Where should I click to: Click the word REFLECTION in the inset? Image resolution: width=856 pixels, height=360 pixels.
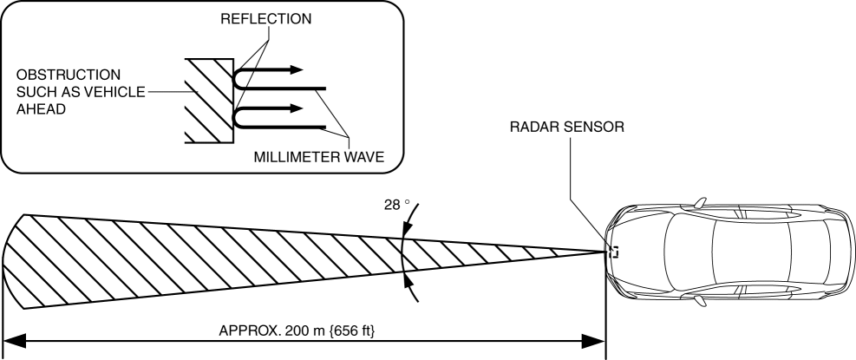click(270, 18)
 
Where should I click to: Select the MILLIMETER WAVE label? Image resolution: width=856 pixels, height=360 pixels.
click(319, 157)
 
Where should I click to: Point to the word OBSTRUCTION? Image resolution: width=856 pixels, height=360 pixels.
click(60, 75)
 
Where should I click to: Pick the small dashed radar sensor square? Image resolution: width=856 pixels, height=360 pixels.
click(613, 252)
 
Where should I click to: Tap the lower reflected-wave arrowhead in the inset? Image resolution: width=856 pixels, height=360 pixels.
click(297, 109)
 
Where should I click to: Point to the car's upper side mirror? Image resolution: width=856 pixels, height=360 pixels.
click(699, 203)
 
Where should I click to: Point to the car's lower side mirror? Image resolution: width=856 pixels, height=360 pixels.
click(699, 301)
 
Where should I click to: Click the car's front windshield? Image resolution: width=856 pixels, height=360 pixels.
click(680, 252)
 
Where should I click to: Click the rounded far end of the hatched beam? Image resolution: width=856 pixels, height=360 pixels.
click(13, 260)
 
